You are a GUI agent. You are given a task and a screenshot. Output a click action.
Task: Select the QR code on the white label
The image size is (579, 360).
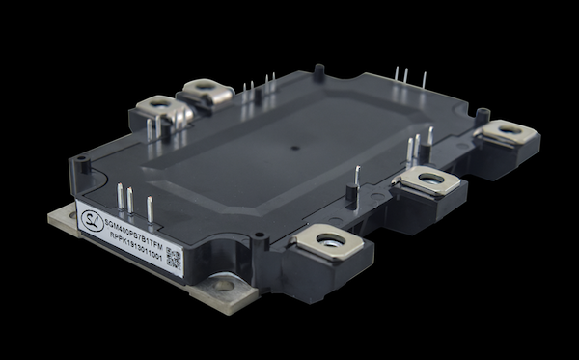174,259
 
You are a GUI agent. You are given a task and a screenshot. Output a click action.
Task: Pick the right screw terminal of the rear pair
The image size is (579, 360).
205,90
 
